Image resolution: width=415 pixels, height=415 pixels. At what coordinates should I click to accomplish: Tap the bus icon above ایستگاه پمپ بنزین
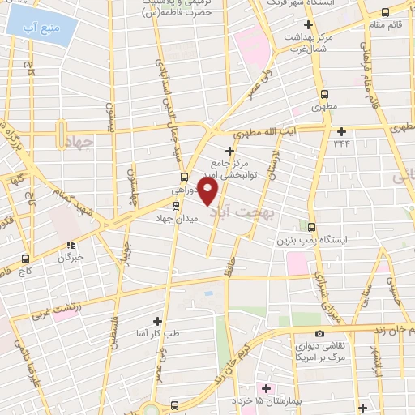312,228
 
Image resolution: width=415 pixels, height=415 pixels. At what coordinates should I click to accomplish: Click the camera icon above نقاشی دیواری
320,334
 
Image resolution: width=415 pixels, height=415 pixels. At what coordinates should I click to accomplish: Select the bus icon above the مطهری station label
324,93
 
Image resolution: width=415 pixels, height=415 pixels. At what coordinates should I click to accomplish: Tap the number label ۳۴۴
341,143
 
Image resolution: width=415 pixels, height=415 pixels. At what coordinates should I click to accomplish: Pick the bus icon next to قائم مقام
384,11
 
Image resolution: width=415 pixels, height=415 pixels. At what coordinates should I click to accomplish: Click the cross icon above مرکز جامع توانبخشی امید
230,151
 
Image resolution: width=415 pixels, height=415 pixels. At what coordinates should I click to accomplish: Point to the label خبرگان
71,258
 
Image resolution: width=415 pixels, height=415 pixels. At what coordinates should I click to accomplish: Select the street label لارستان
275,165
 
